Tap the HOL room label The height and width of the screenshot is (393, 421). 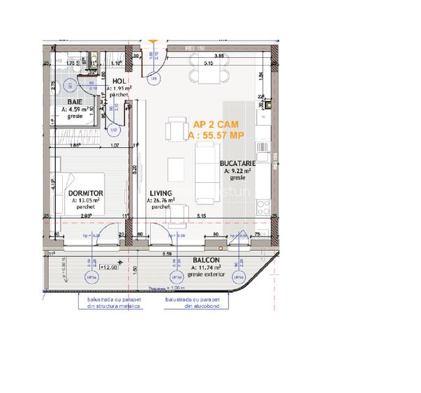pyautogui.click(x=119, y=81)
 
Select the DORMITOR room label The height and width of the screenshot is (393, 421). pyautogui.click(x=86, y=192)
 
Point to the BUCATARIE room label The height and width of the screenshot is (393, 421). pyautogui.click(x=239, y=163)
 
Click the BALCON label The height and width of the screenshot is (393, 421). pyautogui.click(x=206, y=260)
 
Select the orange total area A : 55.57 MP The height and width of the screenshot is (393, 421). pyautogui.click(x=216, y=135)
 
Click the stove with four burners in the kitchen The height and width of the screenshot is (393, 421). pyautogui.click(x=265, y=206)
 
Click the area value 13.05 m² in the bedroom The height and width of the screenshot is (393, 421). pyautogui.click(x=86, y=200)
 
